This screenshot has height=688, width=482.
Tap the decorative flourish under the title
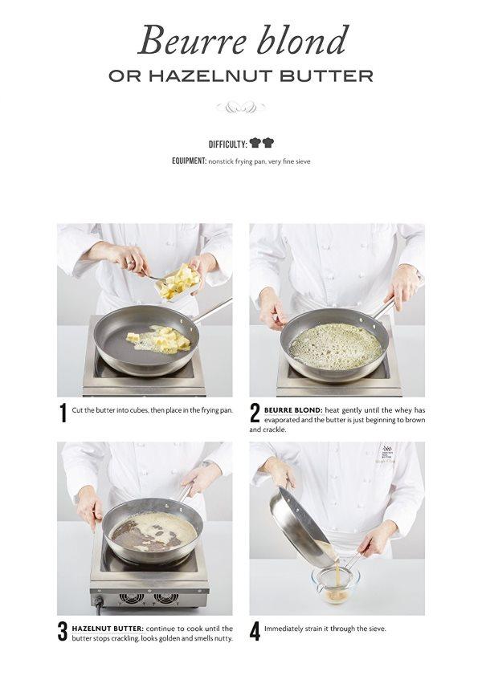(241, 107)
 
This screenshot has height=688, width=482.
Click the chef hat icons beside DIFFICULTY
(262, 143)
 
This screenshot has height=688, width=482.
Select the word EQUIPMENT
(189, 161)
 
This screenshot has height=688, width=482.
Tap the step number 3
(63, 632)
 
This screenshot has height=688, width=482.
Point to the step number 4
(255, 632)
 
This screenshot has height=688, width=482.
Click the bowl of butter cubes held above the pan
(179, 282)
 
